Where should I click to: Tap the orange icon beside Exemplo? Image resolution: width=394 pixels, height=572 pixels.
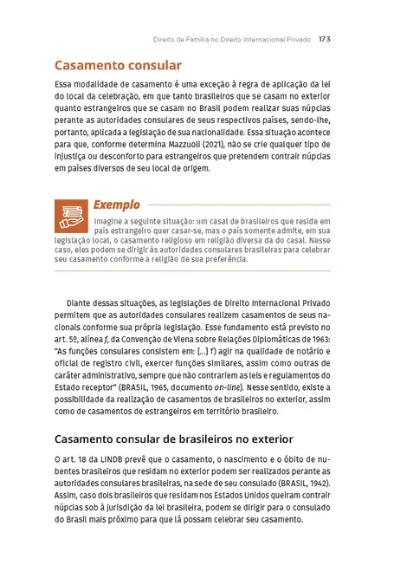(69, 212)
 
